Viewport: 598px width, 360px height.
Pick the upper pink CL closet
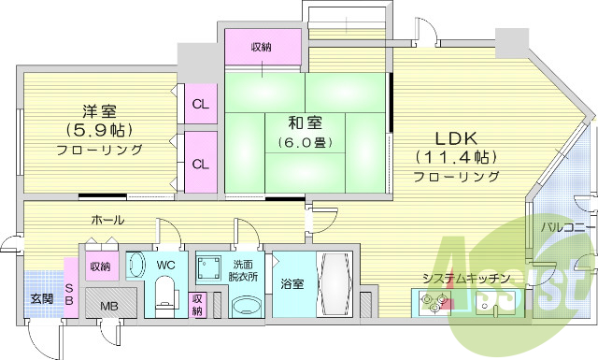pyautogui.click(x=200, y=103)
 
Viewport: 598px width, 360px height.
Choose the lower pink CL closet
pyautogui.click(x=200, y=163)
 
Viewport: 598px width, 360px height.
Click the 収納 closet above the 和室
pyautogui.click(x=263, y=46)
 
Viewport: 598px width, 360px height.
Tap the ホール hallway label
pyautogui.click(x=108, y=220)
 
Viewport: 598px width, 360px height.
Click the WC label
pyautogui.click(x=166, y=265)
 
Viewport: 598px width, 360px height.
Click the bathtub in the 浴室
pyautogui.click(x=333, y=286)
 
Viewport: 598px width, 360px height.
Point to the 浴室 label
pyautogui.click(x=290, y=283)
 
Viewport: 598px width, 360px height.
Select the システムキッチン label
pyautogui.click(x=464, y=278)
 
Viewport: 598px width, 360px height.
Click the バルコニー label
pyautogui.click(x=563, y=227)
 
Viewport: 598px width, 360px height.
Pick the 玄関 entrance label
pyautogui.click(x=41, y=299)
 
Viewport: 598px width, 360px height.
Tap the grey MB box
pyautogui.click(x=109, y=303)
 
